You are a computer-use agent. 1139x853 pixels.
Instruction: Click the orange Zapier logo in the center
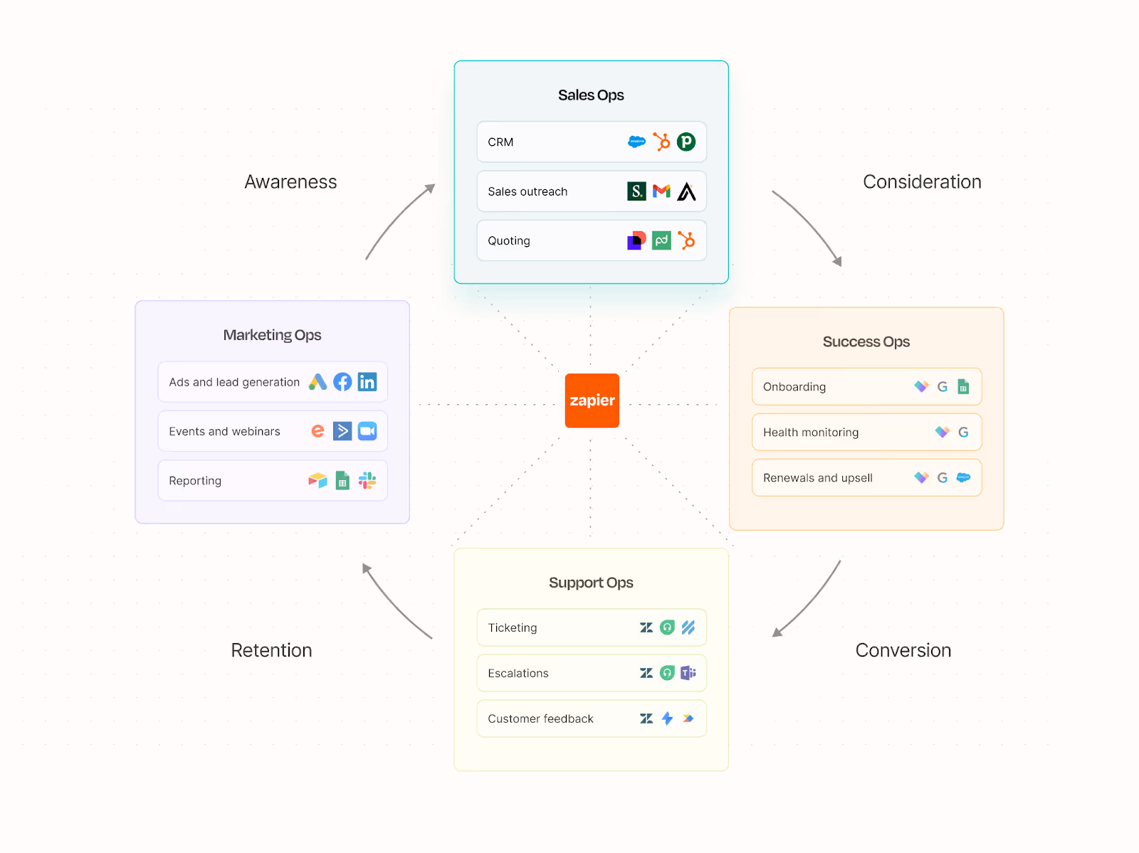click(592, 401)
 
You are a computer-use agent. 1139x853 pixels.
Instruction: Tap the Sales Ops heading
click(591, 95)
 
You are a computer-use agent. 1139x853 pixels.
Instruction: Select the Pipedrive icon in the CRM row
click(686, 142)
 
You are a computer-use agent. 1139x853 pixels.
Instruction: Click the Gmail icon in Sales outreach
click(661, 191)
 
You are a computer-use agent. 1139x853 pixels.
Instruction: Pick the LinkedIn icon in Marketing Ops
click(367, 382)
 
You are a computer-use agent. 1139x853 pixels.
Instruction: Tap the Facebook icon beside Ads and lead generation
click(342, 382)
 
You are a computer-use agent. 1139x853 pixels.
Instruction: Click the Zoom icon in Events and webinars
click(367, 431)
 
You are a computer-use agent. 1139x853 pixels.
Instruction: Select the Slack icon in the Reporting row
click(367, 481)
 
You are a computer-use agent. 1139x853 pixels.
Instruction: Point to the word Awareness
click(290, 182)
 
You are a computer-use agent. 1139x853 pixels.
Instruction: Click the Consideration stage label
click(922, 182)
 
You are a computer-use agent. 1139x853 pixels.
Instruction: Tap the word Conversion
click(903, 650)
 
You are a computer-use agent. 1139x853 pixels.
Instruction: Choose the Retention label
click(271, 650)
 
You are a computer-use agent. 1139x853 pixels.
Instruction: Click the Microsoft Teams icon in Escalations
click(688, 673)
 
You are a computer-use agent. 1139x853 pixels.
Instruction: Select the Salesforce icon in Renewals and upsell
click(963, 477)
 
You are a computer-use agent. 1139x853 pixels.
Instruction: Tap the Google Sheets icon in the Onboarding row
click(963, 386)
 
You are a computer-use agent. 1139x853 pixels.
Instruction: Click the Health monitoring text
click(811, 433)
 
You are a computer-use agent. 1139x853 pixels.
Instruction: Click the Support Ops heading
click(591, 583)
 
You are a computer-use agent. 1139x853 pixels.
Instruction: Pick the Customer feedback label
click(540, 719)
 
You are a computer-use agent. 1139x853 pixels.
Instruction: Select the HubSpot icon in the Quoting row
click(686, 240)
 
